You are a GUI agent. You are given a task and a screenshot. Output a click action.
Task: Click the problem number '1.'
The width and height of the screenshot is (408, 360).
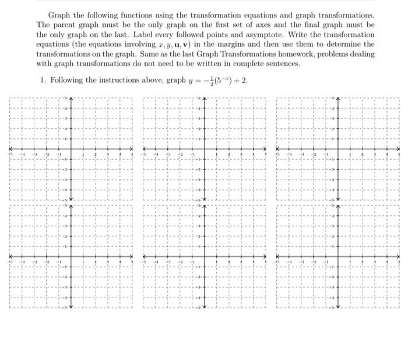tap(44, 80)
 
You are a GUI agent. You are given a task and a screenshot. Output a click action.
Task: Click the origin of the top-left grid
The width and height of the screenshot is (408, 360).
tap(71, 149)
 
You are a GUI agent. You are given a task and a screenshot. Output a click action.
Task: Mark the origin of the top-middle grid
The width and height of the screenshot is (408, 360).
tap(203, 149)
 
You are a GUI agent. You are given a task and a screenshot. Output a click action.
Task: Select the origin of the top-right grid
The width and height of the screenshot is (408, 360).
tap(337, 149)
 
